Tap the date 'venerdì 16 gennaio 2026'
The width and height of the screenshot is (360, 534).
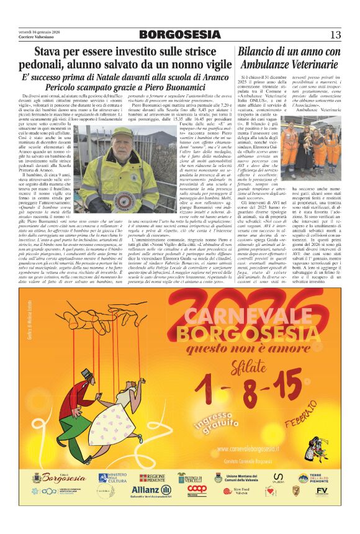coord(39,30)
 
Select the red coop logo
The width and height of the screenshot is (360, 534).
coord(197,489)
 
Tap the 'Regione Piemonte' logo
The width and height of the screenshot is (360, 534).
coord(153,477)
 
